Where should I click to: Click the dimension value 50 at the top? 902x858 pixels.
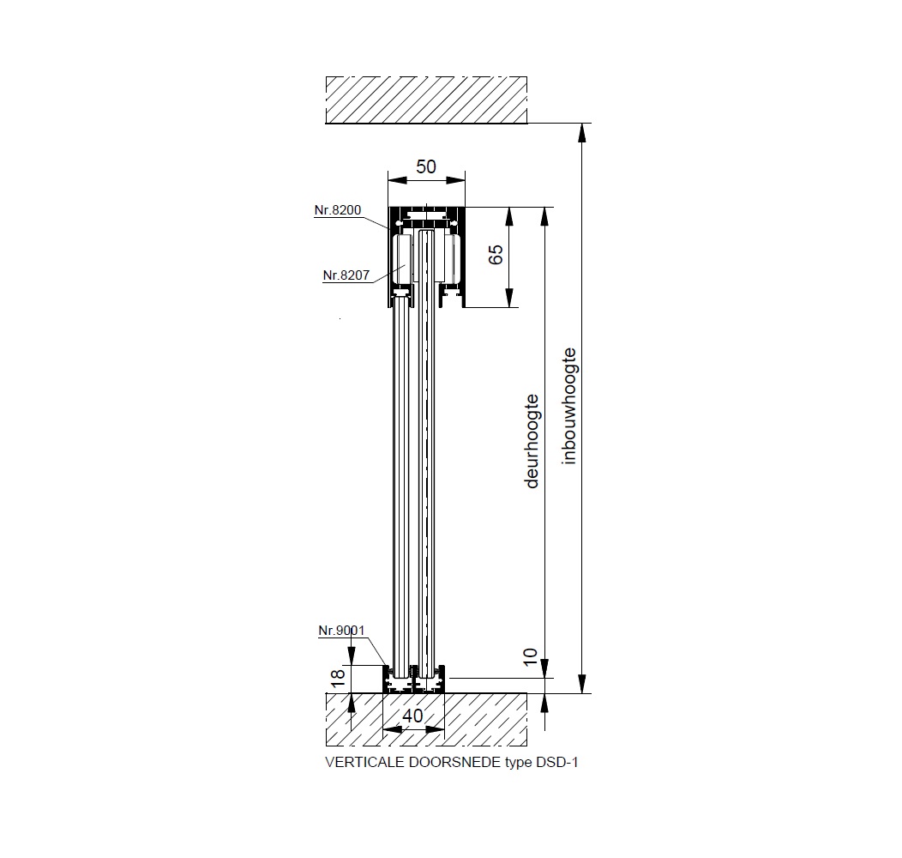(x=426, y=166)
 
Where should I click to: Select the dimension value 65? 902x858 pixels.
(x=496, y=254)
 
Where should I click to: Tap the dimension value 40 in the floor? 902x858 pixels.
(x=412, y=716)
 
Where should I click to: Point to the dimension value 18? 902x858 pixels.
(x=338, y=677)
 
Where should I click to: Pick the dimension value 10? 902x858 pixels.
(x=530, y=656)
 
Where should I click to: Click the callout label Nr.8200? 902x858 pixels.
(x=338, y=210)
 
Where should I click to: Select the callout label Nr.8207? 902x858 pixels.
(x=346, y=275)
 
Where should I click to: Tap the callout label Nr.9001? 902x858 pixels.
(x=342, y=631)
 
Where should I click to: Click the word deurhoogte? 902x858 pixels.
(x=532, y=441)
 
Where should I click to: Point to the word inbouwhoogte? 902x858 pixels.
(x=568, y=406)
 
